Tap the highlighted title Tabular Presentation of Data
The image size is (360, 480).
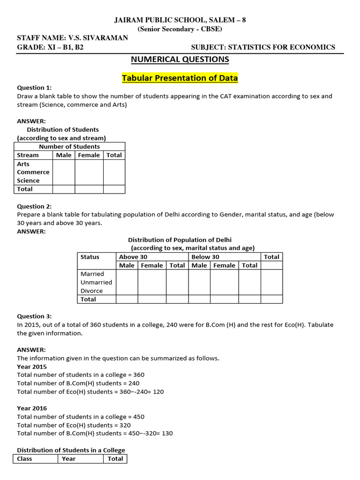[x=180, y=78]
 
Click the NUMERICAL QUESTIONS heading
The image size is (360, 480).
[x=180, y=60]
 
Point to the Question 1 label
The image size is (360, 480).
[x=34, y=88]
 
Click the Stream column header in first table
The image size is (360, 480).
[x=28, y=155]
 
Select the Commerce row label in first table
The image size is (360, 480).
[x=33, y=172]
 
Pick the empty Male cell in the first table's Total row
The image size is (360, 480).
[x=64, y=189]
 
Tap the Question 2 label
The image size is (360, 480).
[x=34, y=206]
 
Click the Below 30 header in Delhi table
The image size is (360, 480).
[x=205, y=257]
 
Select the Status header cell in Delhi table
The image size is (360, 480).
[x=90, y=257]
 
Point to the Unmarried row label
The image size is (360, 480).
[x=96, y=282]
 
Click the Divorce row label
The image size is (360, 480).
[x=91, y=291]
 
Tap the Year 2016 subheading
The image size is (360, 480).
[x=32, y=408]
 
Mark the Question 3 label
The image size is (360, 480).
[x=34, y=316]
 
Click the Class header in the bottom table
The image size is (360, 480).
[x=24, y=459]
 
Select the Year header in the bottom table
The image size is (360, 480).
[x=68, y=459]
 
